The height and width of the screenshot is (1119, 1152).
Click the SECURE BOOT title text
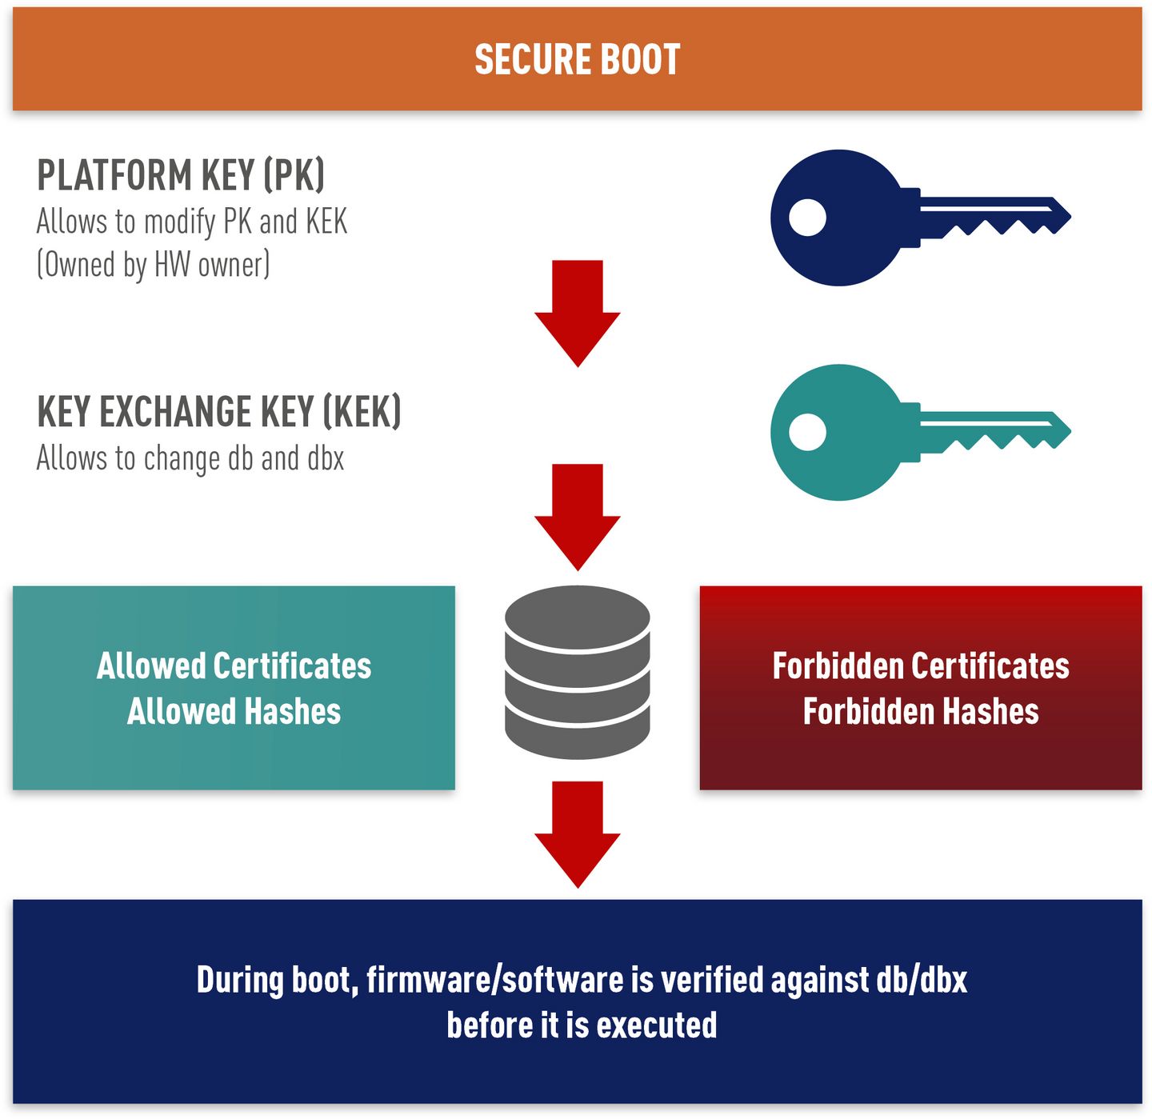(577, 59)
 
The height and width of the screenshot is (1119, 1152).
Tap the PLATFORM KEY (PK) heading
(181, 175)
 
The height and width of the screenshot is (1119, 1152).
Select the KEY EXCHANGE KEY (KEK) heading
(219, 411)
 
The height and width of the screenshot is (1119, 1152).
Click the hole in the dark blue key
(807, 218)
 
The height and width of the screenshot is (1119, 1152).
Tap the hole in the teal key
(807, 432)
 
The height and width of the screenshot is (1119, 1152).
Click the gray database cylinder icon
(577, 672)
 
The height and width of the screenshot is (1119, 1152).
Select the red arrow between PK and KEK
(577, 314)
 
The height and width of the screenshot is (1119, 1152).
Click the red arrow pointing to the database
(577, 518)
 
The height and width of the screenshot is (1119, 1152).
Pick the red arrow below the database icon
(577, 834)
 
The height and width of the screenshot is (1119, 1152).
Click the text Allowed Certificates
(234, 665)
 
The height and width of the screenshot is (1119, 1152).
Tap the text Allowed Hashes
(234, 711)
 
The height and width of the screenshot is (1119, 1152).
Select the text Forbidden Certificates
(921, 665)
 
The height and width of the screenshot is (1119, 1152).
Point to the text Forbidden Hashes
(921, 711)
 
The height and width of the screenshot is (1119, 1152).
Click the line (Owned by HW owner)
(154, 265)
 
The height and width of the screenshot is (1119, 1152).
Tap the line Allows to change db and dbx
(190, 458)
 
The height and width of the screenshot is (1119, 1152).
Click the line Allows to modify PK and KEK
(192, 222)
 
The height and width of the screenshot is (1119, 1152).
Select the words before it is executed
(582, 1025)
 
